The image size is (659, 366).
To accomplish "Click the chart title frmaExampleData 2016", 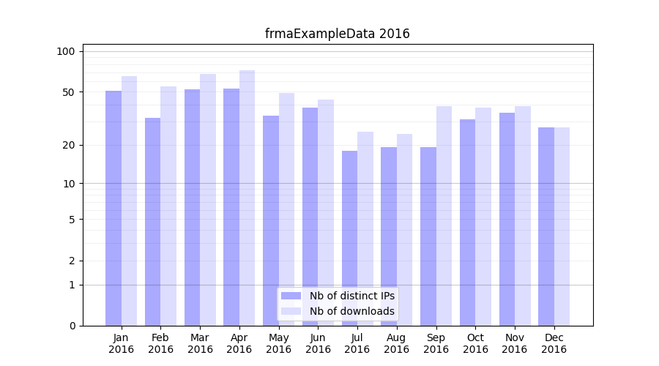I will coord(337,34).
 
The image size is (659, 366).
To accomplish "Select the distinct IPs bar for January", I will coord(113,209).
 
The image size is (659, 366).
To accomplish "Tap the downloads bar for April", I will coord(247,198).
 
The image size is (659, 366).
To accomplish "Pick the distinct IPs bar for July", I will coord(349,238).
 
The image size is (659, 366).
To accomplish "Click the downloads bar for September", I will coord(444,216).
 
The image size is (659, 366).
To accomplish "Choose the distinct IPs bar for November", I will coord(507,220).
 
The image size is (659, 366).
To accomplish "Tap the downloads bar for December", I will coord(562,227).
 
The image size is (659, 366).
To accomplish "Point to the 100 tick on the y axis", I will coord(66,51).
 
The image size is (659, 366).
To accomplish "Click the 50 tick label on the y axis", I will coord(68,92).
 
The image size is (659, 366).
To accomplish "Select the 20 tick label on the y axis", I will coord(68,145).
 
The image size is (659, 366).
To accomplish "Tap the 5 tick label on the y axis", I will coord(71,219).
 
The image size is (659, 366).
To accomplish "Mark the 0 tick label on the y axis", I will coord(71,326).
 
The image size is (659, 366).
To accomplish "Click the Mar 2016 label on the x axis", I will coord(200,343).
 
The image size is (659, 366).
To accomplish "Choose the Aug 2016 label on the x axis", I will coord(396,343).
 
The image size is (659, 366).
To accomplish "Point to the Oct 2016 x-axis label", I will coord(475,343).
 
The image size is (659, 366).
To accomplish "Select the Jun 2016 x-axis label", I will coord(318,343).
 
